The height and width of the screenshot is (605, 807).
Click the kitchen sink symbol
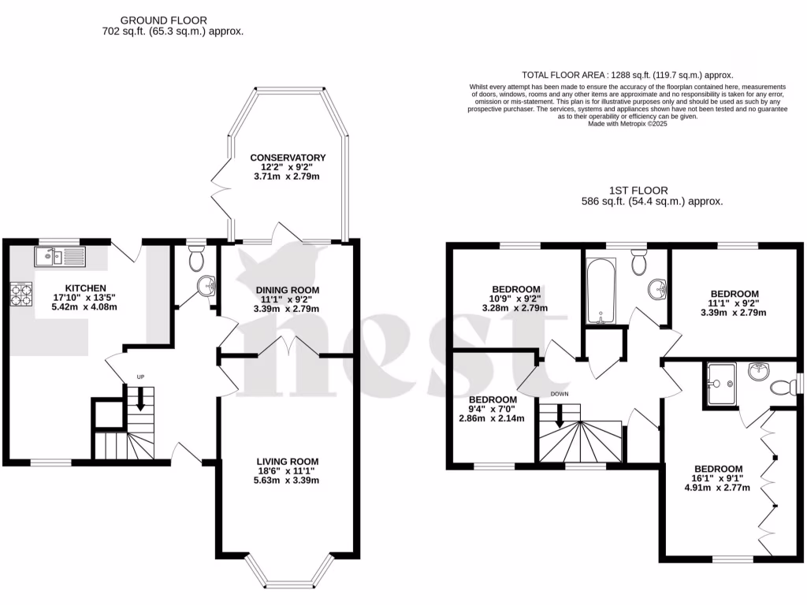[59, 256]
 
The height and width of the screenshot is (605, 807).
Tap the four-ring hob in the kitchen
[20, 294]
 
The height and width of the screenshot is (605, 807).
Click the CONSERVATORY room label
[288, 158]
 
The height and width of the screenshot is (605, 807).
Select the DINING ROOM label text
[288, 290]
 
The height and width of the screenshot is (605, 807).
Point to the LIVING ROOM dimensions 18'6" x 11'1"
[288, 470]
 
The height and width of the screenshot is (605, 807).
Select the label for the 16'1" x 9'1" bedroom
[718, 468]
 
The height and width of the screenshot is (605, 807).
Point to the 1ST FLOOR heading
[638, 191]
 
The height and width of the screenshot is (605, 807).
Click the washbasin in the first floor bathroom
[656, 290]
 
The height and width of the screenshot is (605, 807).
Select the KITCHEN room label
[86, 288]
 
